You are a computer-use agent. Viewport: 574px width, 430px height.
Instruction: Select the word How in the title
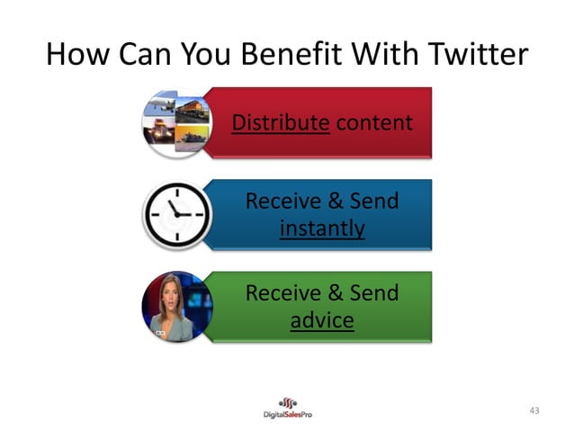coord(75,55)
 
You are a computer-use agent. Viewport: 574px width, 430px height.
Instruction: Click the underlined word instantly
coord(322,228)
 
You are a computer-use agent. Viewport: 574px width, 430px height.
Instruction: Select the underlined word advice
coord(322,320)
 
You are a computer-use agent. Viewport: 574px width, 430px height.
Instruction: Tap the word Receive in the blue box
coord(284,201)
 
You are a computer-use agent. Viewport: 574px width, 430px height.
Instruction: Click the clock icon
coord(176,215)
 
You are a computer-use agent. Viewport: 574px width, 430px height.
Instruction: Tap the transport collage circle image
coord(176,122)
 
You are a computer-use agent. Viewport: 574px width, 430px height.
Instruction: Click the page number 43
coord(534,411)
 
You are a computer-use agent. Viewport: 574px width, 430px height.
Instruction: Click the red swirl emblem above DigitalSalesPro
coord(287,401)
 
